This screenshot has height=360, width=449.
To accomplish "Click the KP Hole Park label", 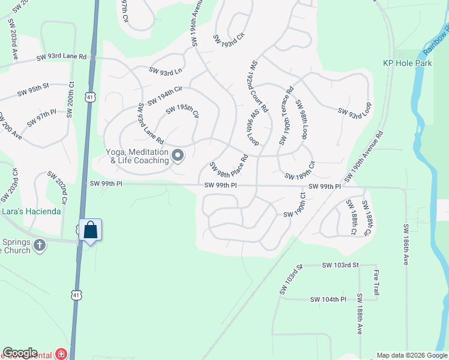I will click(408, 63).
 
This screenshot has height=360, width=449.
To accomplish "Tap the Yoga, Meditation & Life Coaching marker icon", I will click(178, 156).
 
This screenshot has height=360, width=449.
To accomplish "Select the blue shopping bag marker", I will click(90, 230).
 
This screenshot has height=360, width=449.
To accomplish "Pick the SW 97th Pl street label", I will click(41, 118).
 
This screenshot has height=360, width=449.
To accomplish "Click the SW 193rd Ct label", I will click(229, 37).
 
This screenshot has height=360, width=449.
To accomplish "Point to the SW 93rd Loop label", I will click(355, 110).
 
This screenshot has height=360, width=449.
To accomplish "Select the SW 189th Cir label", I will click(300, 172).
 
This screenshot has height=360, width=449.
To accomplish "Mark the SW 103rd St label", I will click(340, 265).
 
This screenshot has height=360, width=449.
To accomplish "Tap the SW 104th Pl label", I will click(328, 299).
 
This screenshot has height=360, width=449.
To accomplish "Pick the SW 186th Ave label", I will click(406, 245).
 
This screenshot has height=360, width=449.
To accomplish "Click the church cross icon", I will click(39, 245).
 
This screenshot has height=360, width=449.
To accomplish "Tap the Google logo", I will click(19, 353).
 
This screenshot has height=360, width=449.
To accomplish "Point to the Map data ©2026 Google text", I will click(412, 355).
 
